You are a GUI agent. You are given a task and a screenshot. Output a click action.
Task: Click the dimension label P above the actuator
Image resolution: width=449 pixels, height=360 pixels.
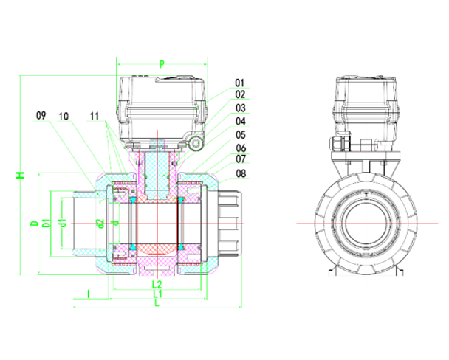click(162, 65)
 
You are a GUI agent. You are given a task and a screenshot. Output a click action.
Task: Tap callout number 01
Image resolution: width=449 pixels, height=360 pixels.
click(240, 83)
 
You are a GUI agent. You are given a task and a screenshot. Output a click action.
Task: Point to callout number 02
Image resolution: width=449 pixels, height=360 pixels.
click(240, 94)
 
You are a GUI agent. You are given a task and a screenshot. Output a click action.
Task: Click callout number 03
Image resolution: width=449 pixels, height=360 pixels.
click(240, 108)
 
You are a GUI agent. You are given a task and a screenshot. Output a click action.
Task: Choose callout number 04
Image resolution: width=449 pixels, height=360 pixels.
click(240, 121)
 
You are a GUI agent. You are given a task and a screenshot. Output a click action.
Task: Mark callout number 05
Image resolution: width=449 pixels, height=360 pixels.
click(240, 134)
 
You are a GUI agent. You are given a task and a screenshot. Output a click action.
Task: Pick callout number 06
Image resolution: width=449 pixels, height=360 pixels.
click(240, 148)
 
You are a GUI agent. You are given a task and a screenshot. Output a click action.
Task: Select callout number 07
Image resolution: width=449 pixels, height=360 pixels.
click(240, 159)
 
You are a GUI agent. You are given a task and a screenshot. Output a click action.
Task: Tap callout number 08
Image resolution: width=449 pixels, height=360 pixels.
click(240, 173)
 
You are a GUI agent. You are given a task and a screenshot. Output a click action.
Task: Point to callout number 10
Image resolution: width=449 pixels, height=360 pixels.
click(65, 116)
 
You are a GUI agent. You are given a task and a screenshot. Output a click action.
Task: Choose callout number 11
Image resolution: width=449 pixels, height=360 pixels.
click(94, 116)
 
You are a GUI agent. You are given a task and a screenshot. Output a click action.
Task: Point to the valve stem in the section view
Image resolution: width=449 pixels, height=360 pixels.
click(157, 173)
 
